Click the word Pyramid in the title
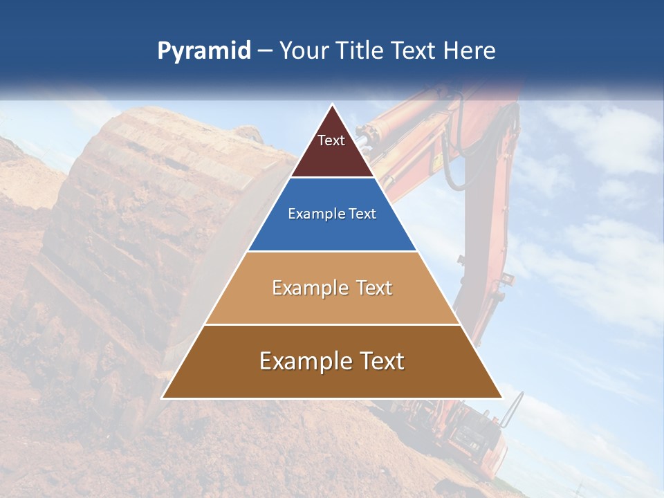204,51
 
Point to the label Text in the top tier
331,140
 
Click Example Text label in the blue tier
332,214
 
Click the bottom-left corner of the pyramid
163,398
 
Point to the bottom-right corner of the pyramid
502,398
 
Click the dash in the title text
265,51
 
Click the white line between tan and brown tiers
332,324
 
